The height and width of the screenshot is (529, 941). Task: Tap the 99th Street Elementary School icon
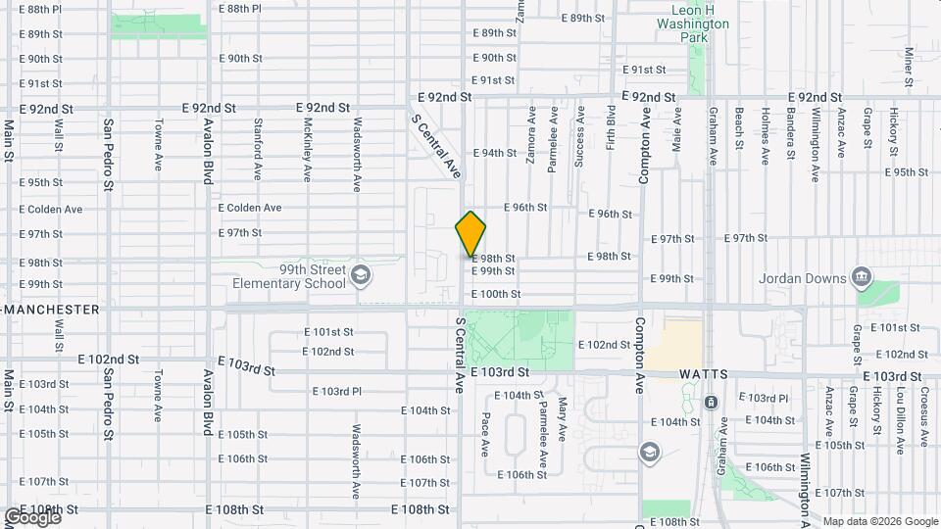click(x=360, y=274)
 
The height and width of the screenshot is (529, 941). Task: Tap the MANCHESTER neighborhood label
click(x=51, y=310)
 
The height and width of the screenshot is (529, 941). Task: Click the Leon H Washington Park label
click(x=693, y=24)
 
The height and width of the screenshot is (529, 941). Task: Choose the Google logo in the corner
click(x=31, y=516)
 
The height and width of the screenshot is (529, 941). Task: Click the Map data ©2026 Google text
click(x=880, y=521)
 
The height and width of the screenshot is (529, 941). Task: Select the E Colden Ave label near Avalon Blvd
click(x=249, y=208)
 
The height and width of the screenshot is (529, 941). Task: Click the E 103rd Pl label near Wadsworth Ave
click(x=337, y=391)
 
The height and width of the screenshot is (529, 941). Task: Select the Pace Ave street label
click(x=485, y=434)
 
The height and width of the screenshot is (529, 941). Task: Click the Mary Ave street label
click(x=563, y=418)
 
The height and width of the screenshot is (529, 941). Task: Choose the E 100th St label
click(x=496, y=294)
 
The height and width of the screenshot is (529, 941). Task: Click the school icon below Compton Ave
click(x=648, y=452)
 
